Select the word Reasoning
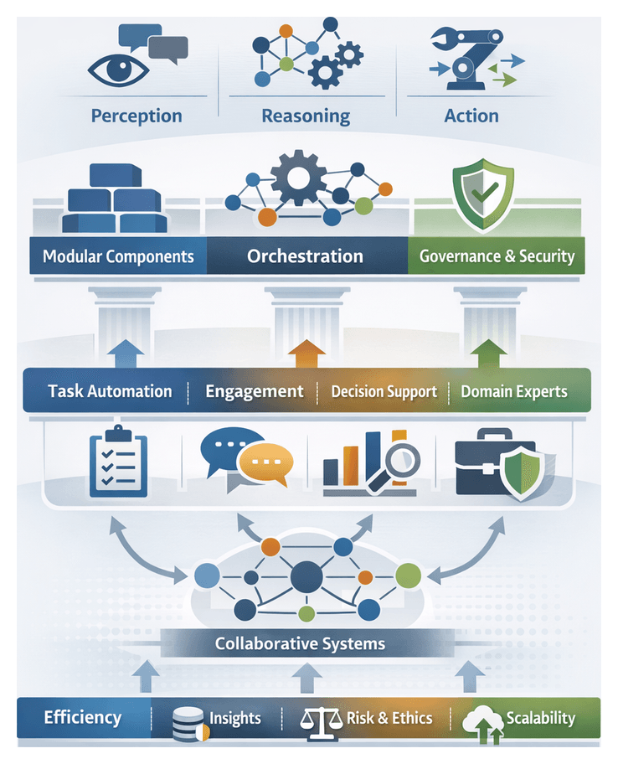pos(306,116)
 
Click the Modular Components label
pos(118,256)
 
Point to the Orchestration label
pos(305,256)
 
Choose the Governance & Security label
pos(497,256)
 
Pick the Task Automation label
pos(110,391)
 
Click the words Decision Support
pos(384,391)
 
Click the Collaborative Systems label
pos(300,643)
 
